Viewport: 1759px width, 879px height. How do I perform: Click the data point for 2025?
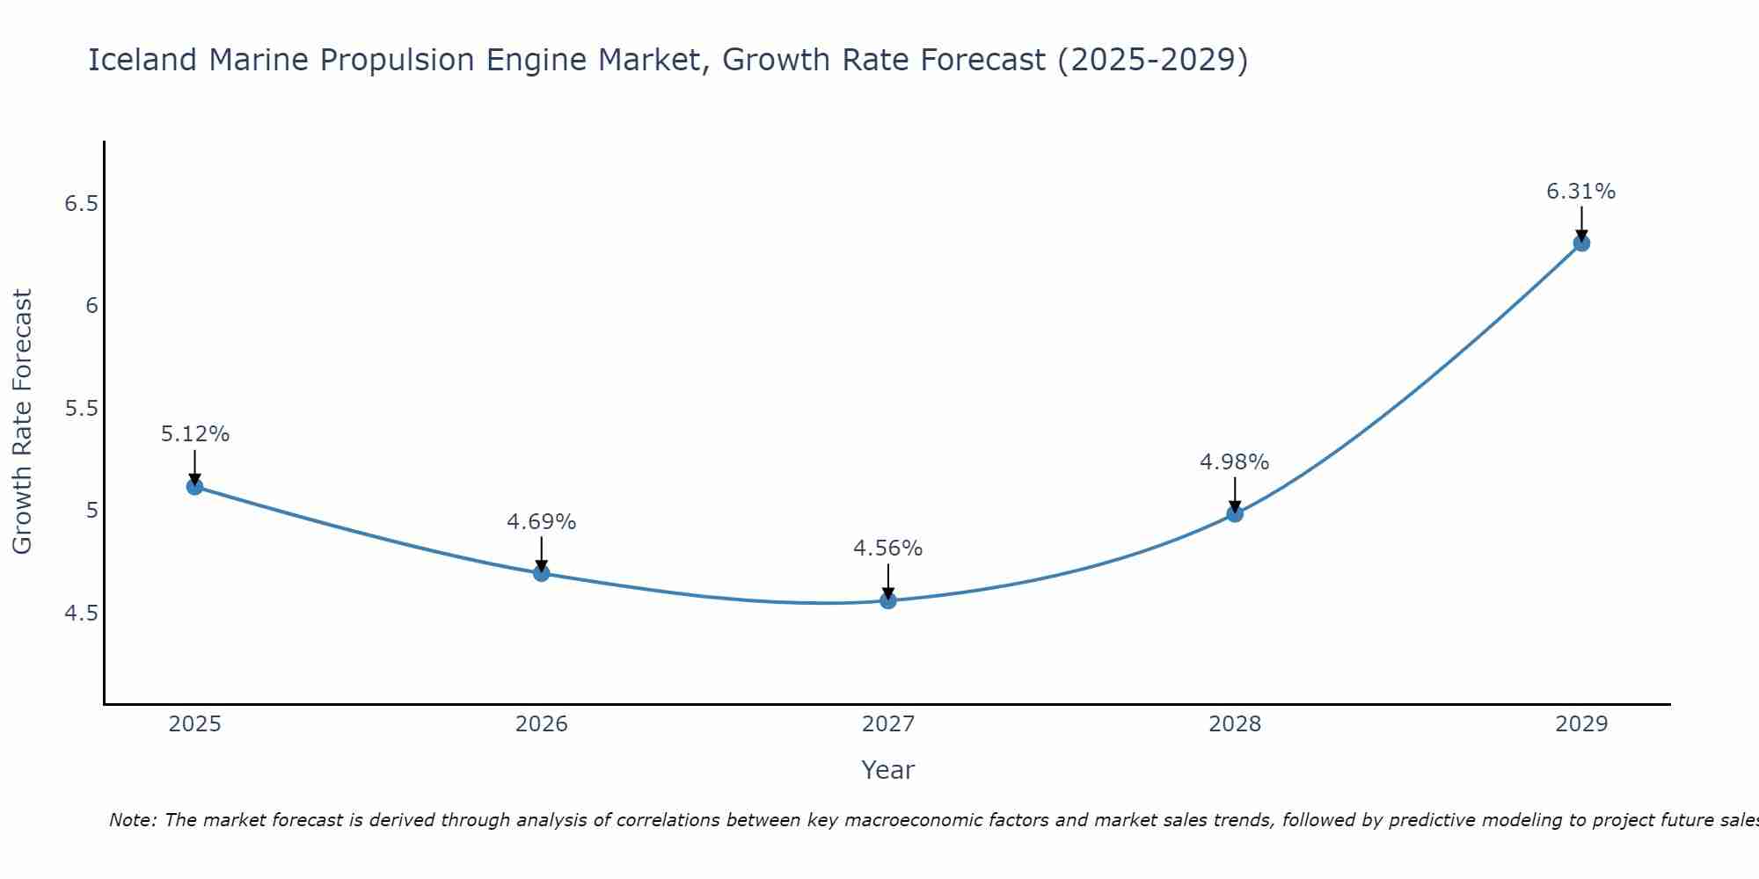coord(195,486)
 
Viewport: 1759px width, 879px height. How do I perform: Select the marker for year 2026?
coord(542,573)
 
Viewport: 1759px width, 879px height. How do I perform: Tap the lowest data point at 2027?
coord(888,600)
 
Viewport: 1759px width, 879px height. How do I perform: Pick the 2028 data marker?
coord(1235,513)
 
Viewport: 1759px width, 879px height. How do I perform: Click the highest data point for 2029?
coord(1581,243)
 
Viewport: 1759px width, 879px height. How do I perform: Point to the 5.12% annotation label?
coord(195,434)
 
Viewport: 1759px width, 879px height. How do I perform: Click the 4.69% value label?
coord(542,522)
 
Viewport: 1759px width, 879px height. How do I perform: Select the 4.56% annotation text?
coord(888,548)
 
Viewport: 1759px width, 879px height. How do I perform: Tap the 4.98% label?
coord(1235,462)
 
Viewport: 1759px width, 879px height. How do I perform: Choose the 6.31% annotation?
coord(1581,192)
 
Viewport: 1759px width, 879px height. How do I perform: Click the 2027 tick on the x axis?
coord(888,724)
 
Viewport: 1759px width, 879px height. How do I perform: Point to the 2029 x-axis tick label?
coord(1581,724)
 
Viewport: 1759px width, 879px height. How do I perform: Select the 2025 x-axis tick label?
coord(195,724)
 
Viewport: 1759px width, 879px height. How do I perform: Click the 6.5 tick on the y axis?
coord(81,204)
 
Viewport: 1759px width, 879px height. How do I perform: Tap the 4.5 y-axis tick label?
coord(81,613)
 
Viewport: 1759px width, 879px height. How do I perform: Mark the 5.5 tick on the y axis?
coord(81,409)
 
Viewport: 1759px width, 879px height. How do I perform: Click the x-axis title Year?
coord(888,770)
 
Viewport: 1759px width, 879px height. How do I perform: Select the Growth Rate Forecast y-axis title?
coord(23,422)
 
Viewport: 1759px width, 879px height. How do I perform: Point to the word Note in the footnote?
coord(131,820)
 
